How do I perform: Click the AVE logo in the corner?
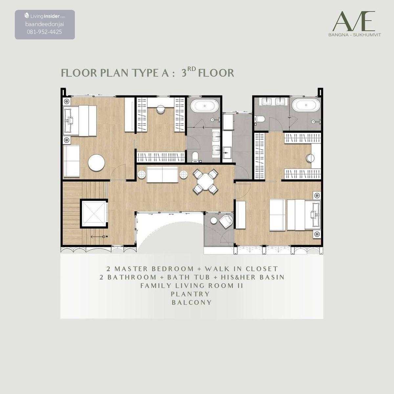click(355, 24)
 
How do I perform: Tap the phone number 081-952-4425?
click(44, 32)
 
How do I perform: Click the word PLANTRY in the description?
click(190, 294)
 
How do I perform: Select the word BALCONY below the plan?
click(191, 302)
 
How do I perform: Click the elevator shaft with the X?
click(94, 214)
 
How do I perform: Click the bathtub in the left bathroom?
click(205, 106)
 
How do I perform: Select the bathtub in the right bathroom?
click(306, 105)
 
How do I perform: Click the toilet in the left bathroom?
click(196, 157)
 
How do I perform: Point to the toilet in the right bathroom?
click(259, 119)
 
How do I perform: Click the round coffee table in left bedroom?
click(96, 163)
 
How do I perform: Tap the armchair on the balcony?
click(226, 221)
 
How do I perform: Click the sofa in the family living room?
click(162, 174)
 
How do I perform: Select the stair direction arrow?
click(98, 237)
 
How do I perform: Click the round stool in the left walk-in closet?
click(161, 109)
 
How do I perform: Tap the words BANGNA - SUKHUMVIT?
click(355, 35)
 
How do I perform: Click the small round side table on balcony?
click(214, 221)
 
